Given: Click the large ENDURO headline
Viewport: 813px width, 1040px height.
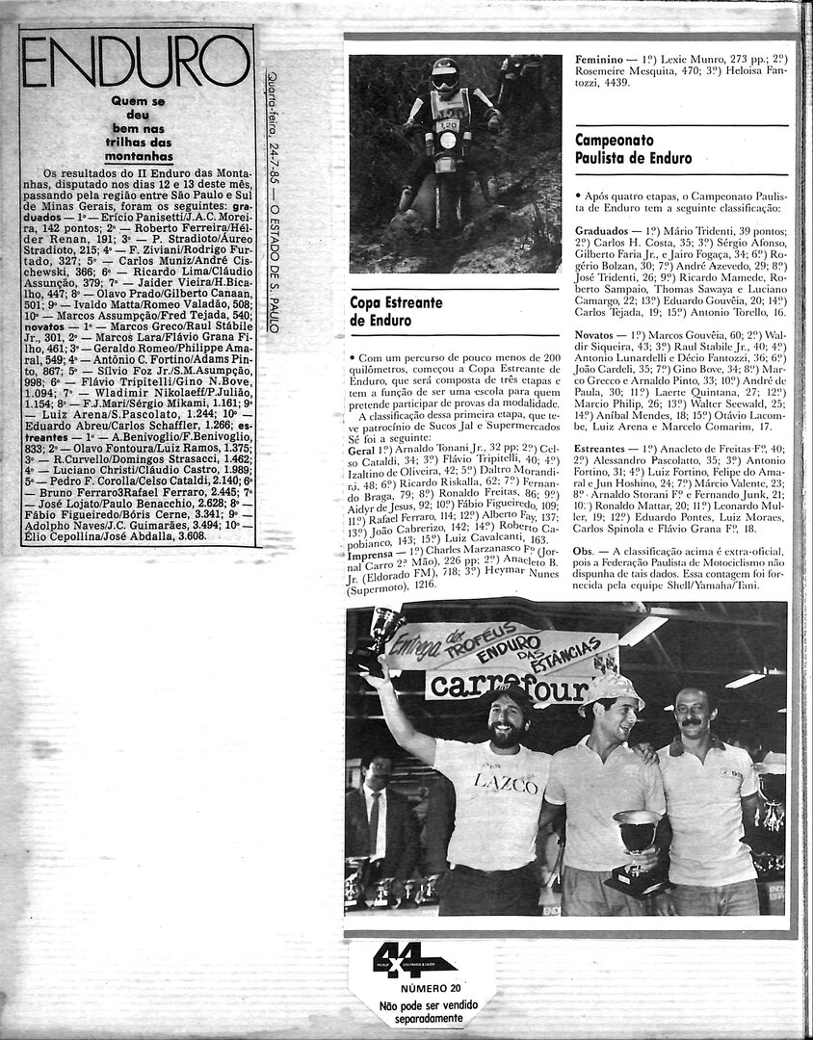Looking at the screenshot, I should point(137,65).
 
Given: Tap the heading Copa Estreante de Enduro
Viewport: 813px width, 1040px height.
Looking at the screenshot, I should point(397,312).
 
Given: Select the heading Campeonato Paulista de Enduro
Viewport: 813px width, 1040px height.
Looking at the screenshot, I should point(633,148).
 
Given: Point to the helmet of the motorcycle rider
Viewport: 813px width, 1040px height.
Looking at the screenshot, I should point(444,73).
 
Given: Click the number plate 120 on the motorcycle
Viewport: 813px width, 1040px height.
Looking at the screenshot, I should point(448,125).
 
